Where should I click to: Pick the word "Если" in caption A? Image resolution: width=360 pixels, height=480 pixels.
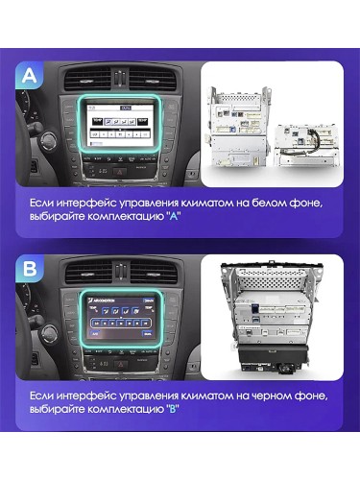point(43,203)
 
